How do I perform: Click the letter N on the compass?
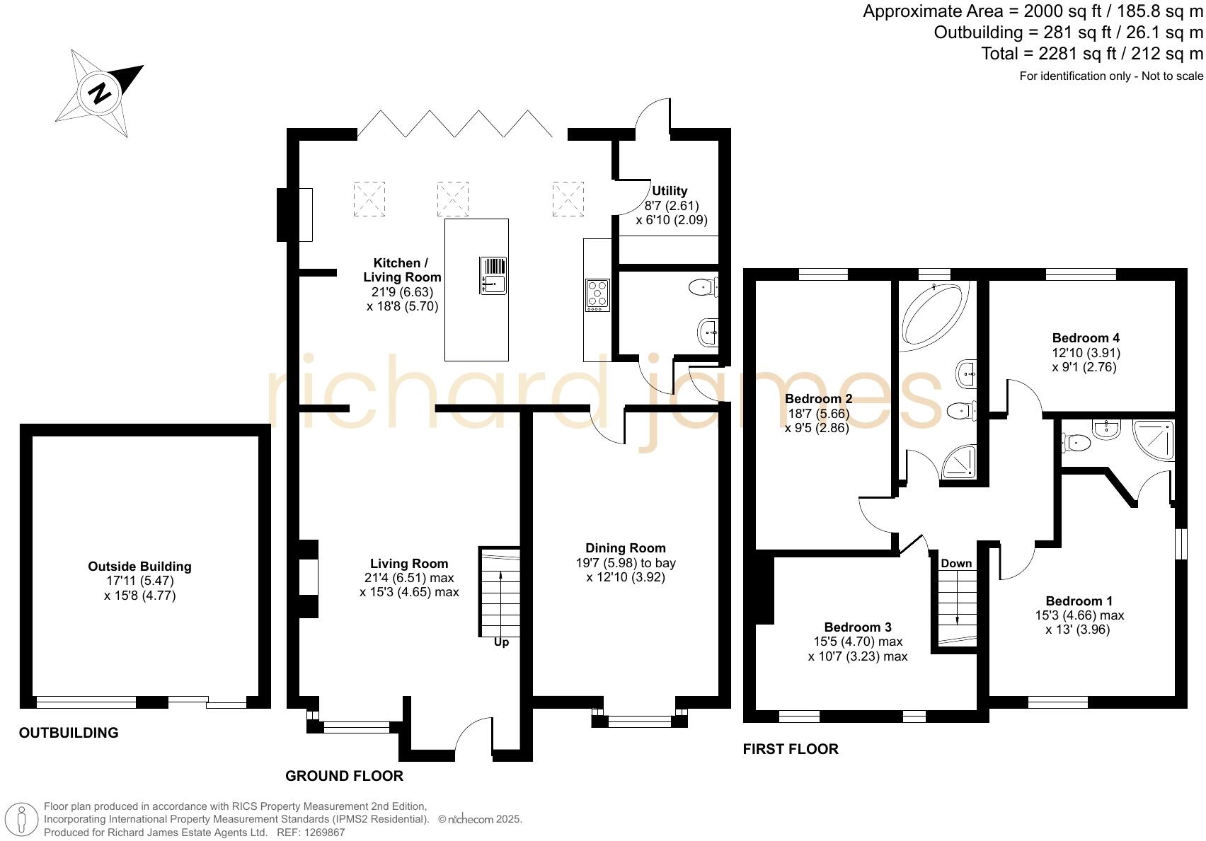tap(101, 93)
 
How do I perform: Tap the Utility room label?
tap(670, 191)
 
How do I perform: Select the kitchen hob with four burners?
tap(597, 295)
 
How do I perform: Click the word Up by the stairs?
tap(501, 642)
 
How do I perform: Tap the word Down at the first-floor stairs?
tap(956, 563)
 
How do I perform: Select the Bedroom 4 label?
tap(1086, 337)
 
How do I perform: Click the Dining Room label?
tap(625, 547)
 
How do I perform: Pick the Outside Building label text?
tap(139, 566)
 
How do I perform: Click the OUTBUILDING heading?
tap(69, 733)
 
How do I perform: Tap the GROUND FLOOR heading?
tap(344, 776)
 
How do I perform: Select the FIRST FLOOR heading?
tap(791, 749)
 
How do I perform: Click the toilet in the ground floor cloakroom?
tap(701, 286)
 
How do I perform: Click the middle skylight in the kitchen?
tap(453, 199)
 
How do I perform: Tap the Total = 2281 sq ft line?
tap(1091, 54)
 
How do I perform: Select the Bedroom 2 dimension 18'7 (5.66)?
tap(818, 414)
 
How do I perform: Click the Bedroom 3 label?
tap(858, 627)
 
